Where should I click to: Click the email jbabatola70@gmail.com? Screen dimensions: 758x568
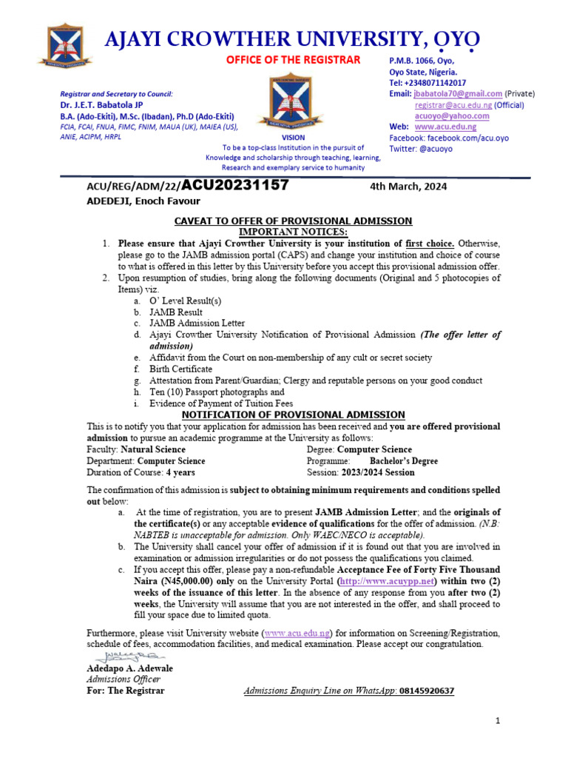(x=458, y=94)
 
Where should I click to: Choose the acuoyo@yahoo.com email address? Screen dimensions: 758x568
(x=452, y=116)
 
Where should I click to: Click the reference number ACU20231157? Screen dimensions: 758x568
(x=234, y=186)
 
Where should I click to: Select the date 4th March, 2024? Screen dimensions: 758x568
(x=408, y=187)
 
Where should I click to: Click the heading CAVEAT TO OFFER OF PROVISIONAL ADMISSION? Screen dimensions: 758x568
(x=293, y=221)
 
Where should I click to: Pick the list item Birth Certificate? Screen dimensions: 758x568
(x=180, y=369)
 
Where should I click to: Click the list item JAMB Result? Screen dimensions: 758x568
(x=175, y=312)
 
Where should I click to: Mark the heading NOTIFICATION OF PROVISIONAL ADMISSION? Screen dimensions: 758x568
(x=293, y=415)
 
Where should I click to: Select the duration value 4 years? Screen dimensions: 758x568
(x=181, y=472)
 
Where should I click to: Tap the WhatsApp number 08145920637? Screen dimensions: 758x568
(x=427, y=691)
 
